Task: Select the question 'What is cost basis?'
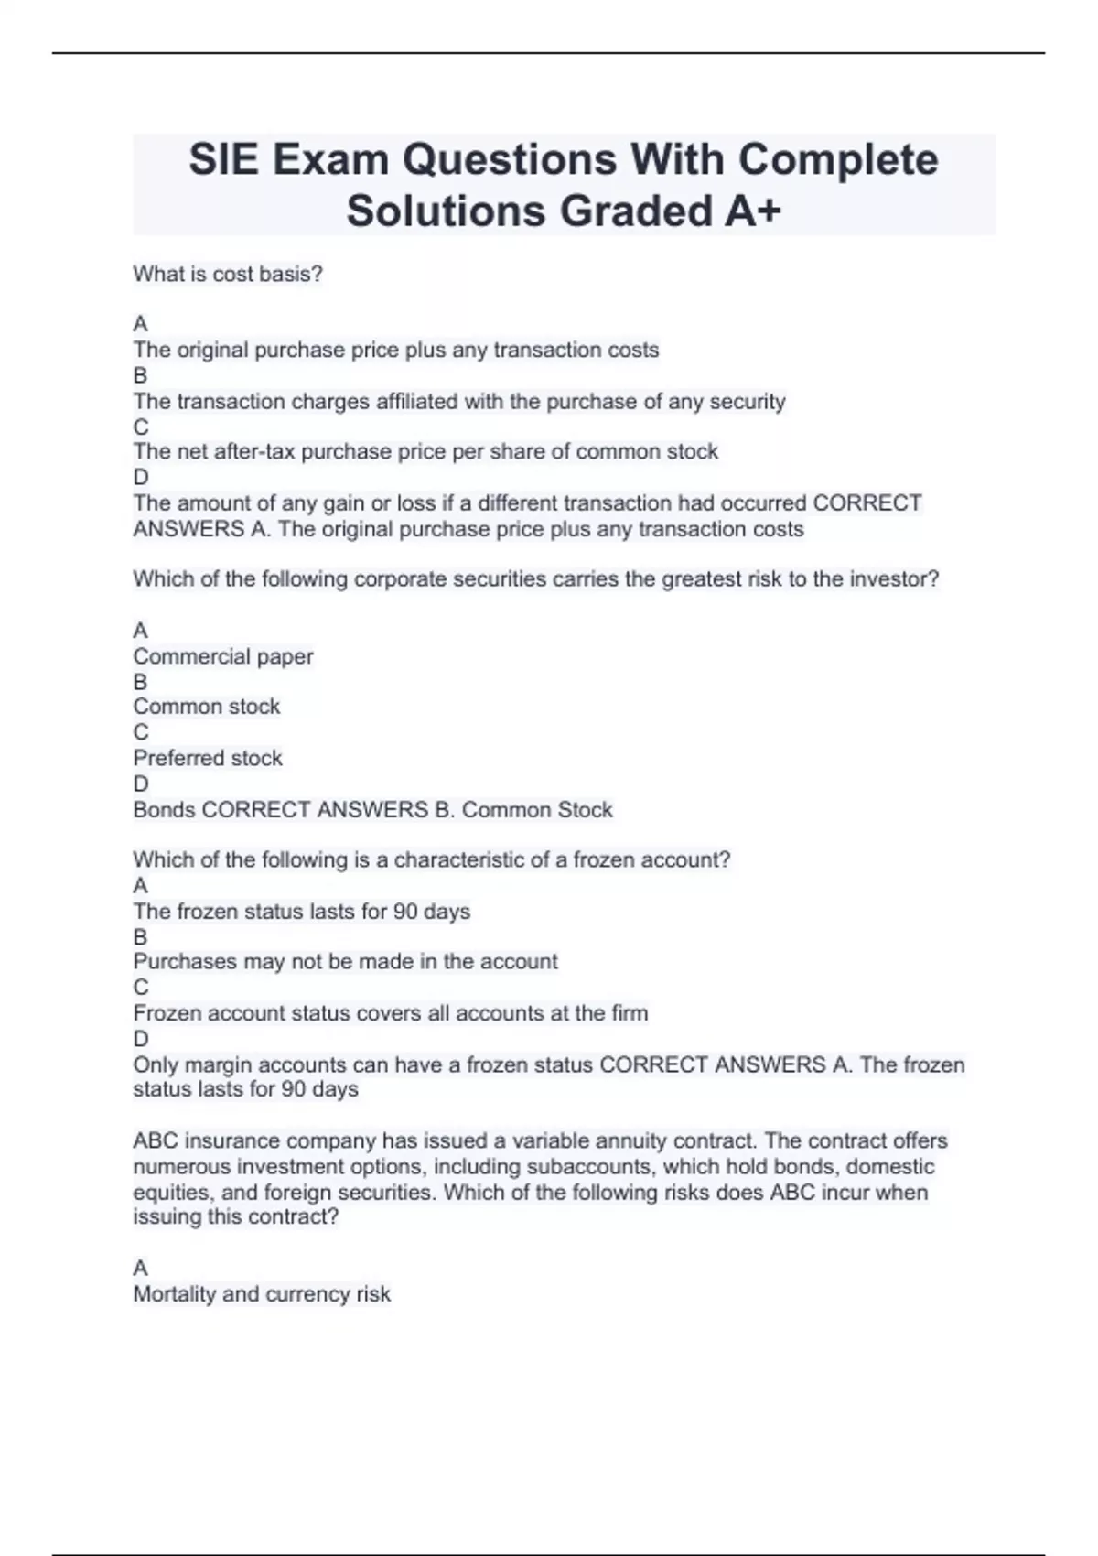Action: pos(228,274)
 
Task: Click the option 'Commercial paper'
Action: pos(223,656)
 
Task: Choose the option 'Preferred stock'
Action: pos(208,758)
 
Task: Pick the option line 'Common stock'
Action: pos(207,707)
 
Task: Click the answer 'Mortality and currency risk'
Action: pos(262,1293)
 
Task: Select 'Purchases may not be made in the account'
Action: pos(345,961)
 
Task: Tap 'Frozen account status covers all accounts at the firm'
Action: pos(391,1013)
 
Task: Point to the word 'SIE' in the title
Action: pos(224,159)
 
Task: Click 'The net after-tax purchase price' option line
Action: pos(425,451)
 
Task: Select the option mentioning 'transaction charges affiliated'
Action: pos(459,401)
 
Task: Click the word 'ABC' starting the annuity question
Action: pos(156,1140)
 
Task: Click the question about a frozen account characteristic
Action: pos(432,859)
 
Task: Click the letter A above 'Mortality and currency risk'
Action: pos(140,1268)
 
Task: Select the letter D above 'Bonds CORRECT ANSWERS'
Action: pos(141,783)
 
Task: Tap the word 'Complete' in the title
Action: pos(838,159)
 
